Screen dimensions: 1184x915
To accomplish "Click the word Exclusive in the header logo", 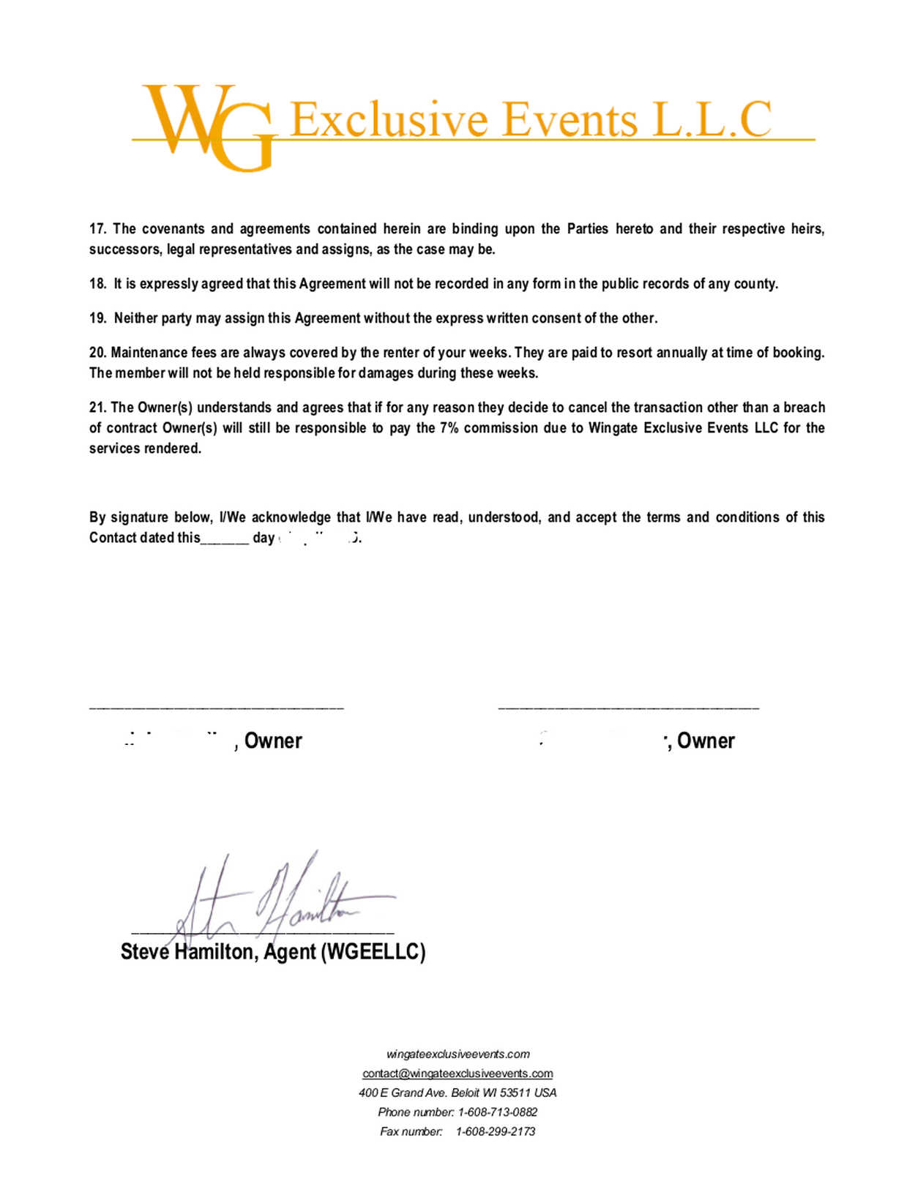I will [389, 120].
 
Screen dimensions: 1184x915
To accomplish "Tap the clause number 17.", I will [97, 229].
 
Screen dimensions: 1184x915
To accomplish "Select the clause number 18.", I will [97, 284].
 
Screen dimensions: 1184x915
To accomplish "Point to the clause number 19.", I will [97, 318].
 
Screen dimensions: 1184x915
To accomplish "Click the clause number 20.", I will [97, 353].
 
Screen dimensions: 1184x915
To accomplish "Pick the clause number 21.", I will [97, 408].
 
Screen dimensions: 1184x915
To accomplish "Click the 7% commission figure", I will [448, 428].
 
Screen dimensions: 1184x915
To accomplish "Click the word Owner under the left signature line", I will [273, 741].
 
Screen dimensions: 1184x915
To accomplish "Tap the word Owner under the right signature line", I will [706, 741].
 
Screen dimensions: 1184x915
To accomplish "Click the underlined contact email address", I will [457, 1074].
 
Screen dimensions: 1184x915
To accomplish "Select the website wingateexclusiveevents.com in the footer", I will [457, 1054].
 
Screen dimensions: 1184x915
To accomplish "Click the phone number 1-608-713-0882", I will [497, 1112].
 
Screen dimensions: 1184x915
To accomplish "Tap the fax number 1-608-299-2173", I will [496, 1131].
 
